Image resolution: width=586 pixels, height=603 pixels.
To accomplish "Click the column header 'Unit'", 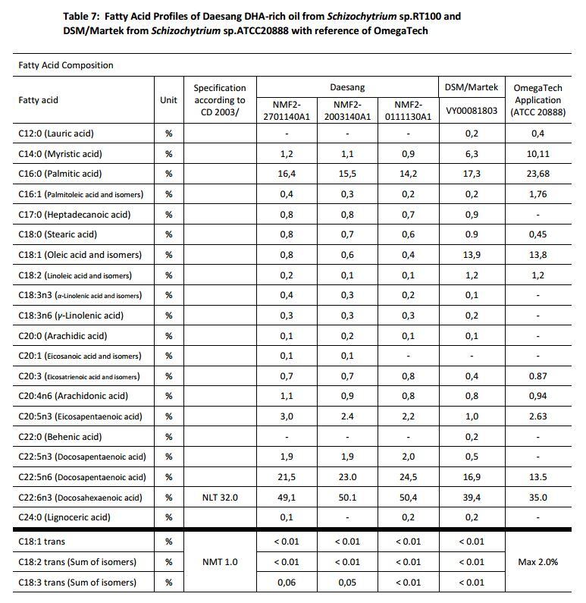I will (168, 100).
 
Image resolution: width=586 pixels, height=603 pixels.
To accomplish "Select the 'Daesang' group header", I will (346, 88).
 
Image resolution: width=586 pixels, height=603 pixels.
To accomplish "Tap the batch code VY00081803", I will (471, 111).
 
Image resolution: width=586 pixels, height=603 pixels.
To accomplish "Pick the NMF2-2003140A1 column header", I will (347, 111).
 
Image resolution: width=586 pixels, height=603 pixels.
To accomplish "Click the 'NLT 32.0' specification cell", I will (220, 498).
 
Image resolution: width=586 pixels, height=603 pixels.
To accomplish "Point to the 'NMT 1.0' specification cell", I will (220, 562).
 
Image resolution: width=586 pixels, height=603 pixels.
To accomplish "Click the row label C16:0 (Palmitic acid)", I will (60, 174).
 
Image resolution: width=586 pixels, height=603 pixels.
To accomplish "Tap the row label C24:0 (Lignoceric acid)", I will (64, 517).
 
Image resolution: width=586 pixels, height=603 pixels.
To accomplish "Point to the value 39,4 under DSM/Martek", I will (471, 498).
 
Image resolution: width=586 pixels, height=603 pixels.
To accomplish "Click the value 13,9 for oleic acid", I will (471, 255).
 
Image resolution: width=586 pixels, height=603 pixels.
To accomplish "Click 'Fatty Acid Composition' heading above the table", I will (66, 65).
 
